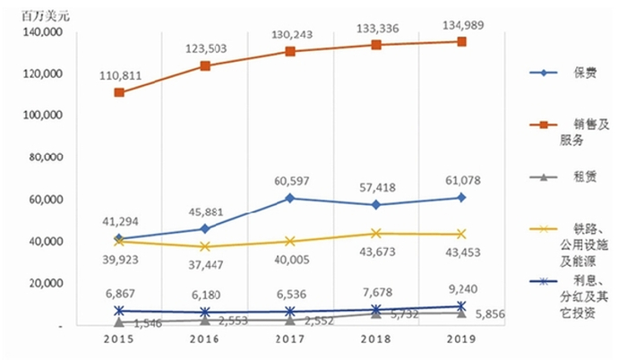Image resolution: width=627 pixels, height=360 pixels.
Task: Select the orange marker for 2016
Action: pyautogui.click(x=205, y=65)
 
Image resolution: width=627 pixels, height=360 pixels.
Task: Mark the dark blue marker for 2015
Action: pyautogui.click(x=119, y=311)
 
